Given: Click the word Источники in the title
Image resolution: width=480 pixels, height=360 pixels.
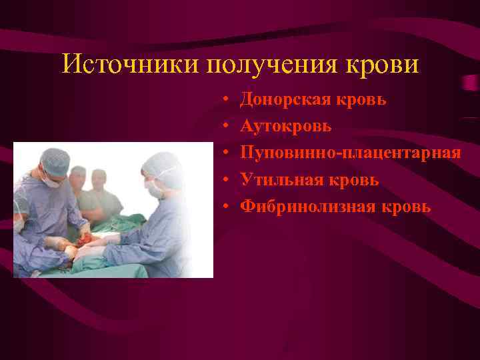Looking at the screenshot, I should (x=131, y=65).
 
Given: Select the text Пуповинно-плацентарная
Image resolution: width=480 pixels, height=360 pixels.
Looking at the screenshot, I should (x=350, y=153).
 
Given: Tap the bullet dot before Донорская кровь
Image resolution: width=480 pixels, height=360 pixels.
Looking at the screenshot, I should (x=227, y=99).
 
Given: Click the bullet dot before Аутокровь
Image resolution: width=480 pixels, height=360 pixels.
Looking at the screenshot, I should (x=227, y=126).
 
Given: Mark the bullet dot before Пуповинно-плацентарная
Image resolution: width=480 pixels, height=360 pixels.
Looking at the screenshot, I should (x=227, y=153).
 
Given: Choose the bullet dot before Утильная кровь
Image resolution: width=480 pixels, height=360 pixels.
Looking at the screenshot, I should (x=227, y=180).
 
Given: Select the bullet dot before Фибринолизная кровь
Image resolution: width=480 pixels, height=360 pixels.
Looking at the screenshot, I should (x=227, y=207).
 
